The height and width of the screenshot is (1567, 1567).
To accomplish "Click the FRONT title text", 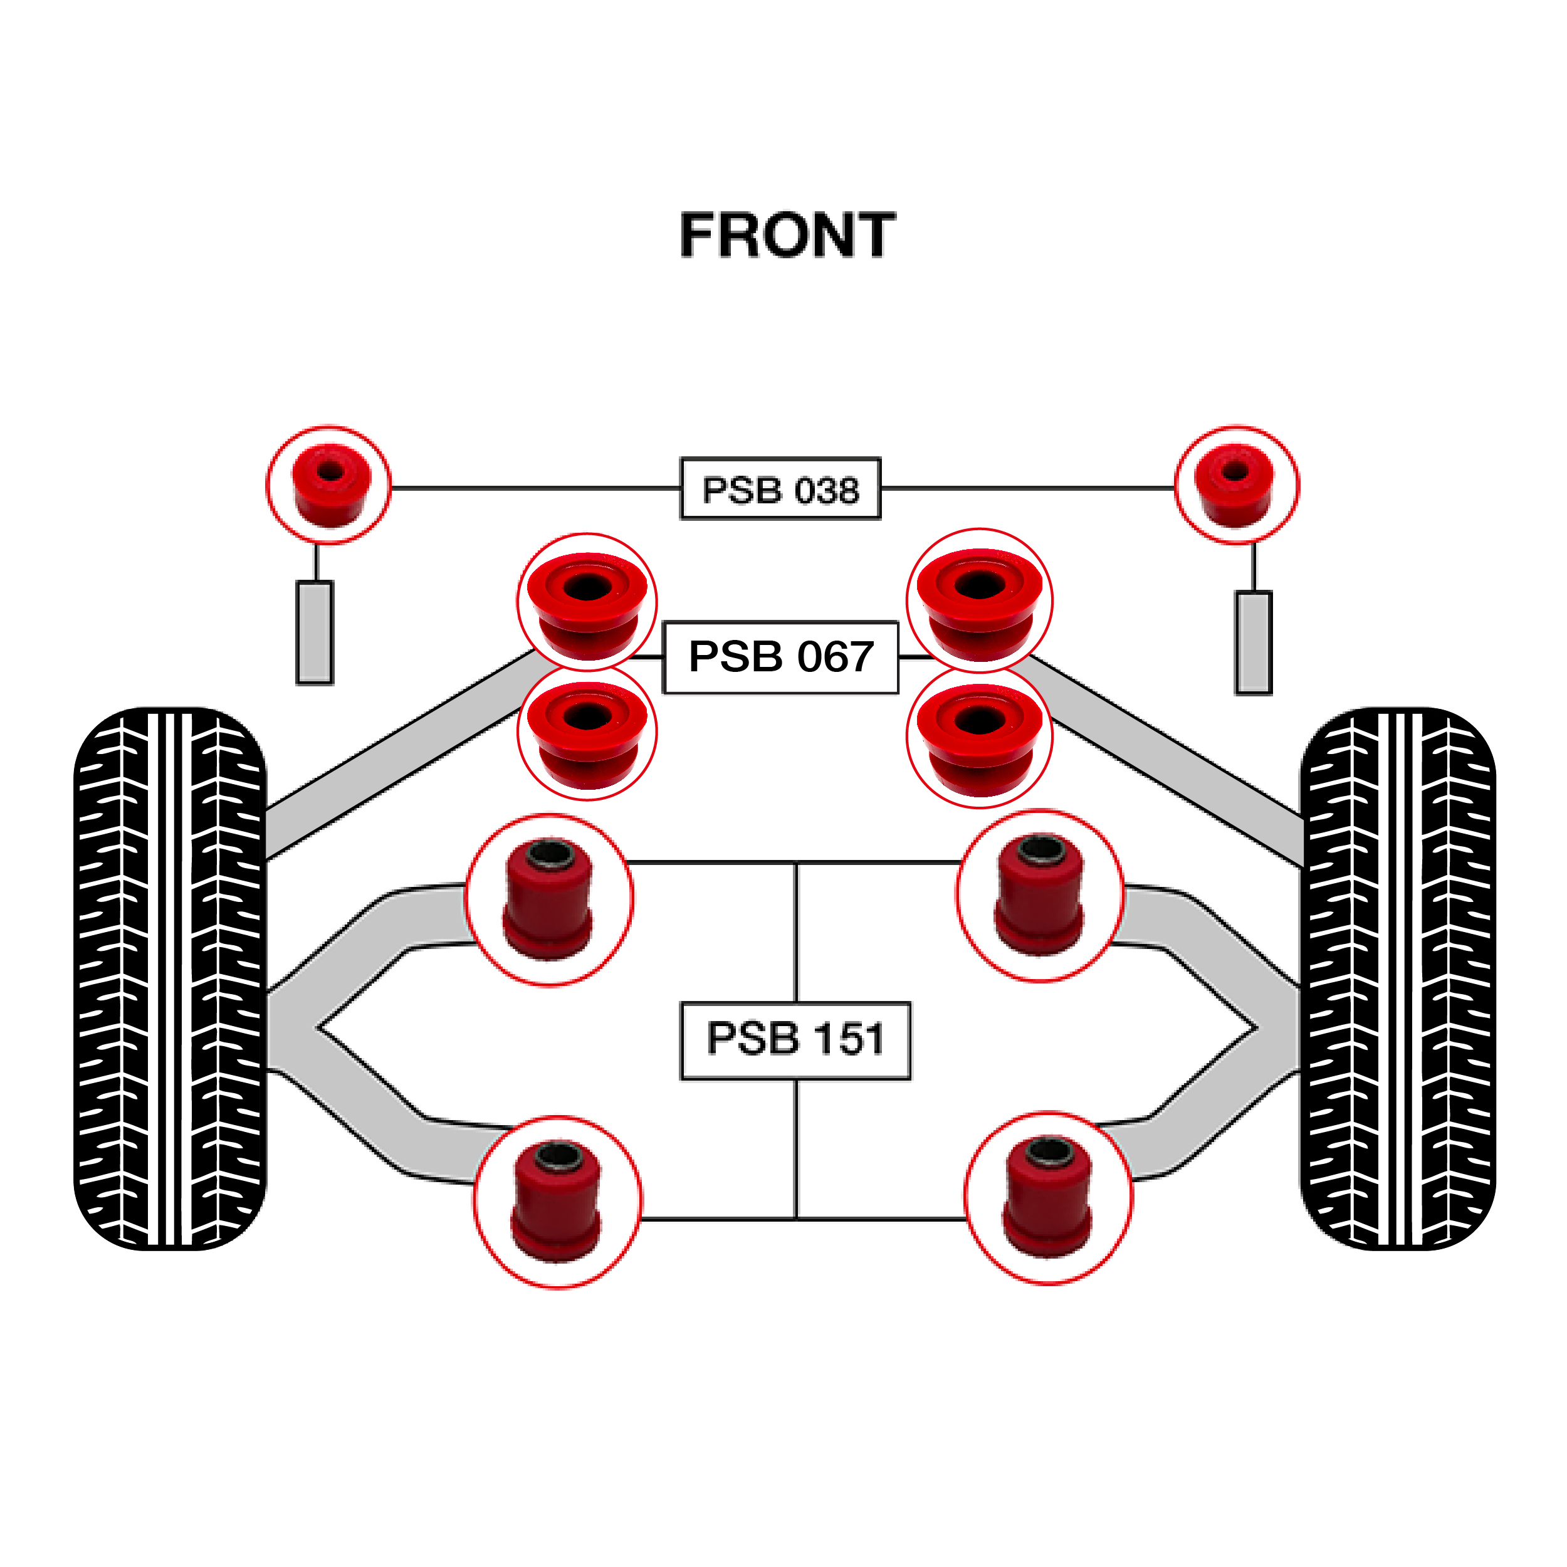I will click(x=787, y=236).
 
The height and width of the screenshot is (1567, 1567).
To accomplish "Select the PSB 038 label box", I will click(x=780, y=489).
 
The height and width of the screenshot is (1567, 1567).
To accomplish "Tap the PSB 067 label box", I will click(x=780, y=657).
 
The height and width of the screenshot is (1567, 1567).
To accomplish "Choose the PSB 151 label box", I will click(x=795, y=1040).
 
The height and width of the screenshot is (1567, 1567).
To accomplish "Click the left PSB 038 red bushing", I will click(x=329, y=485).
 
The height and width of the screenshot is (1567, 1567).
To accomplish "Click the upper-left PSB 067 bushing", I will click(x=587, y=602).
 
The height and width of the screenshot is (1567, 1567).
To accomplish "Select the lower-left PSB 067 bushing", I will click(x=587, y=732).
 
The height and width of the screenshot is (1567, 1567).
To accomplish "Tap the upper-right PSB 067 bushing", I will click(x=979, y=600).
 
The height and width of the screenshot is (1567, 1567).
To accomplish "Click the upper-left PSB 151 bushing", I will click(x=549, y=899).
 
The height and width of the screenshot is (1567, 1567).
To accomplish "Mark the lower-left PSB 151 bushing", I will click(x=557, y=1201).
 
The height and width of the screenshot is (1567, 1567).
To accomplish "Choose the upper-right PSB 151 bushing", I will click(x=1040, y=896).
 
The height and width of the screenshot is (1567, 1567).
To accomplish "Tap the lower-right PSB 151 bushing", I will click(x=1049, y=1198).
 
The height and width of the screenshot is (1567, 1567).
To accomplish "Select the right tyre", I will click(x=1398, y=979).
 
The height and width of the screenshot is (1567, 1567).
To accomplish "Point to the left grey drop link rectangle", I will click(x=315, y=632).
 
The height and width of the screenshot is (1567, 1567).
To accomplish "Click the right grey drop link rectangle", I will click(x=1253, y=642).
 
